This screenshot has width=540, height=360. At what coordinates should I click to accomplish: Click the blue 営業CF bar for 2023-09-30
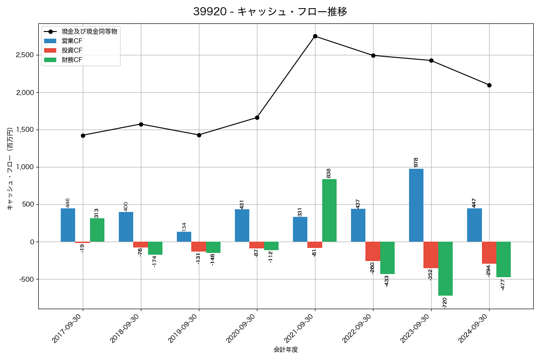[x=416, y=205]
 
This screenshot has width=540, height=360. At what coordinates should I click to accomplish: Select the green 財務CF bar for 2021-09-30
[x=329, y=210]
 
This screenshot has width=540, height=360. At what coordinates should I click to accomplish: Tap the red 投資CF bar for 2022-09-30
[x=373, y=251]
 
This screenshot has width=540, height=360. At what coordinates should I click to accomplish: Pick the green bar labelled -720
[x=445, y=269]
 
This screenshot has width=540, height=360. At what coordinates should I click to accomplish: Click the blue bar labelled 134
[x=184, y=237]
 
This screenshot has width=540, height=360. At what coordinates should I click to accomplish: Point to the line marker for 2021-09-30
[x=315, y=36]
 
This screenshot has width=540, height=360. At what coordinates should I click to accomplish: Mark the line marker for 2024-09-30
[x=489, y=85]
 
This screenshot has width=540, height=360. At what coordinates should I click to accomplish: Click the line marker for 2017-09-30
[x=83, y=135]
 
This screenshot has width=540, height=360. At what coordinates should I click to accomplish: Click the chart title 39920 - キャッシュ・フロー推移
[x=270, y=12]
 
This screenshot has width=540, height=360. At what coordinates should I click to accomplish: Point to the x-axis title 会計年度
[x=286, y=350]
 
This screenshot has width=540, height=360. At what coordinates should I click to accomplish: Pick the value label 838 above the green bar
[x=329, y=173]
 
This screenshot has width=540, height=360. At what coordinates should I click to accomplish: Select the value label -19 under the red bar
[x=82, y=247]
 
